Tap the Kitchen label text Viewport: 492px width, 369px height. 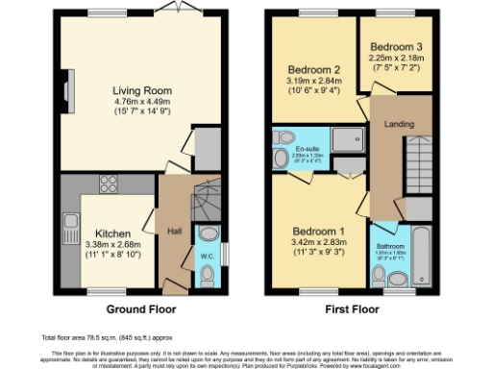pyautogui.click(x=112, y=234)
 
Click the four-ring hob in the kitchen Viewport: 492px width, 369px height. pyautogui.click(x=108, y=186)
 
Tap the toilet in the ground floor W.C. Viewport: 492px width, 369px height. pyautogui.click(x=209, y=274)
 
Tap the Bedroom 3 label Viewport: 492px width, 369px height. pyautogui.click(x=395, y=47)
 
